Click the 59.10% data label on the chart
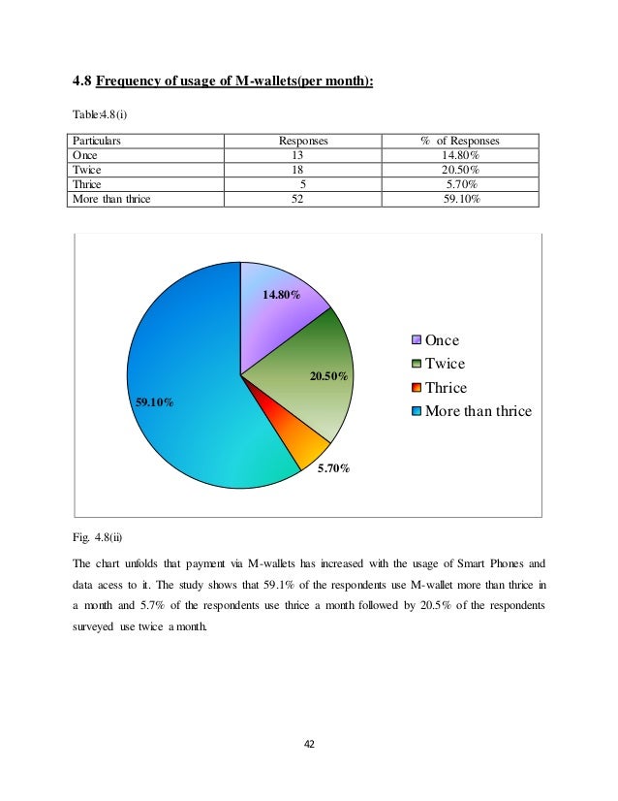tap(154, 401)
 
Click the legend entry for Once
tap(442, 340)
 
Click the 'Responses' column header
tap(303, 141)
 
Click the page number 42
tap(309, 745)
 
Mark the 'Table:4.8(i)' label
tap(101, 114)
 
